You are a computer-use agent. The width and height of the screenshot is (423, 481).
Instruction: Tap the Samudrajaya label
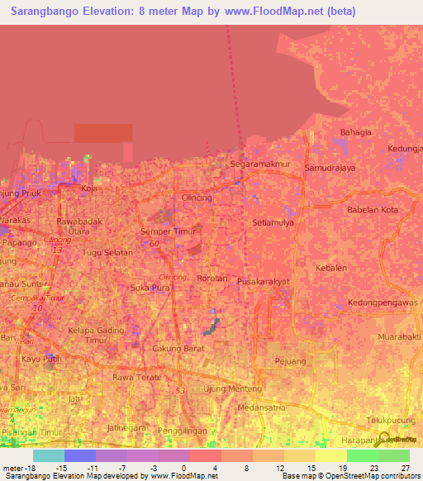pos(330,168)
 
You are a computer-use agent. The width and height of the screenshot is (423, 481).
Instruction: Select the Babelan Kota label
pos(373,210)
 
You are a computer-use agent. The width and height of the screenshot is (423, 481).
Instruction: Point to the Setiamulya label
pos(273,222)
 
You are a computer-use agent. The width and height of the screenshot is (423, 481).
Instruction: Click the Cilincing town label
pos(197,198)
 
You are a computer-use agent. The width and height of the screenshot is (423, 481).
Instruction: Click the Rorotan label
pos(212,279)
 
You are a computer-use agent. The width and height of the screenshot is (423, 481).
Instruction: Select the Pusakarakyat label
pos(263,282)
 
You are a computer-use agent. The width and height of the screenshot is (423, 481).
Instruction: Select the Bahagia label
pos(355,132)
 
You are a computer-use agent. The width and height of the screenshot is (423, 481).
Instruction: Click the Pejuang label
pos(290,362)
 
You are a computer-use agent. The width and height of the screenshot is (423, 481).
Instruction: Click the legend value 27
pos(404,468)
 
